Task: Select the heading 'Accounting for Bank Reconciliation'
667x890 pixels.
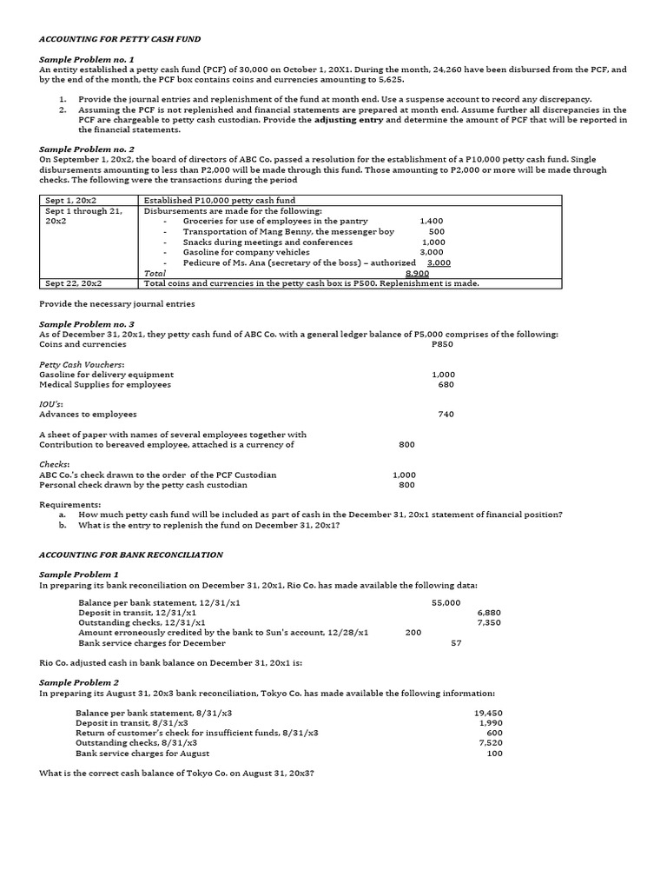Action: tap(131, 555)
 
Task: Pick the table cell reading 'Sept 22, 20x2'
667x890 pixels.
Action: tap(73, 283)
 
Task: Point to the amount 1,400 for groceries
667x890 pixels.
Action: tap(431, 222)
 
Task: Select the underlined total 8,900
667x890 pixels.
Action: tap(417, 273)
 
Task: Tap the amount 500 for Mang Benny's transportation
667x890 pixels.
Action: tap(436, 232)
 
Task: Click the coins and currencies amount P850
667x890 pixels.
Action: tap(442, 344)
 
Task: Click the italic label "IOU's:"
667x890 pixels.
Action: tap(54, 404)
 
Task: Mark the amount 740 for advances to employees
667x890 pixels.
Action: tap(446, 415)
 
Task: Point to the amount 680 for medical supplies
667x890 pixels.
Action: tap(446, 384)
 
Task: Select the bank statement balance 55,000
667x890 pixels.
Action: tap(446, 602)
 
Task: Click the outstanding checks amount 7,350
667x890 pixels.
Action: tap(489, 622)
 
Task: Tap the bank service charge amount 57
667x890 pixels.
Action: tap(456, 643)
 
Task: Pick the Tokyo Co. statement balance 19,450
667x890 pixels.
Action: tap(489, 713)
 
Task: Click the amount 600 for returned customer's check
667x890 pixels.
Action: tap(494, 733)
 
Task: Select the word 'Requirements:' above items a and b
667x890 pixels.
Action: tap(69, 504)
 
